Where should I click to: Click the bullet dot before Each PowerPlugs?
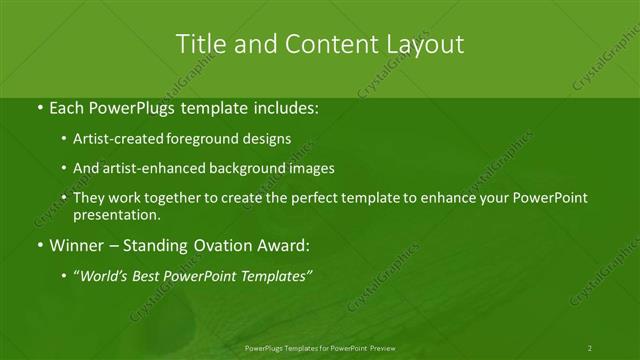tap(39, 105)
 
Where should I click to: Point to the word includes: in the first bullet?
tap(285, 105)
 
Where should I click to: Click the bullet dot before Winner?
tap(39, 245)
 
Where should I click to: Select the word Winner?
tap(75, 245)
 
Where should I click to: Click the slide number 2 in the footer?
tap(590, 347)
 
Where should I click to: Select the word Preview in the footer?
tap(381, 347)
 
